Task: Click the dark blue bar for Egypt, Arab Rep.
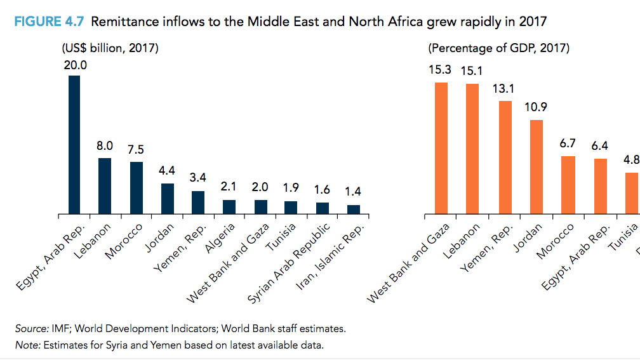(x=74, y=145)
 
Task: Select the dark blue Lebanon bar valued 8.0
(x=105, y=185)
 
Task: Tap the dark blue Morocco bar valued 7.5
(x=136, y=187)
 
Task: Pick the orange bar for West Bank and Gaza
(x=441, y=148)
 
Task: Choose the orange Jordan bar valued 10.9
(x=537, y=166)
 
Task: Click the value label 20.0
(x=75, y=65)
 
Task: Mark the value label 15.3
(x=440, y=70)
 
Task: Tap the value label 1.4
(x=353, y=192)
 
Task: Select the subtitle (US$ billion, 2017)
(x=110, y=48)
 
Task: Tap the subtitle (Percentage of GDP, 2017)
(x=498, y=48)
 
